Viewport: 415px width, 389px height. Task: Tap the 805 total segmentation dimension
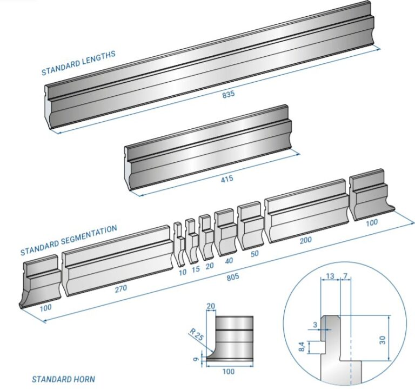[x=232, y=278]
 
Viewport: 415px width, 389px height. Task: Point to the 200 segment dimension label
[x=306, y=240]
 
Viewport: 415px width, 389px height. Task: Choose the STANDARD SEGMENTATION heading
[x=69, y=241]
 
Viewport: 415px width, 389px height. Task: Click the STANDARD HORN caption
[x=63, y=379]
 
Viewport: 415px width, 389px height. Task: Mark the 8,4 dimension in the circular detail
[x=302, y=345]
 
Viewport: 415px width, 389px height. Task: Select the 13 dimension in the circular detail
[x=330, y=277]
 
